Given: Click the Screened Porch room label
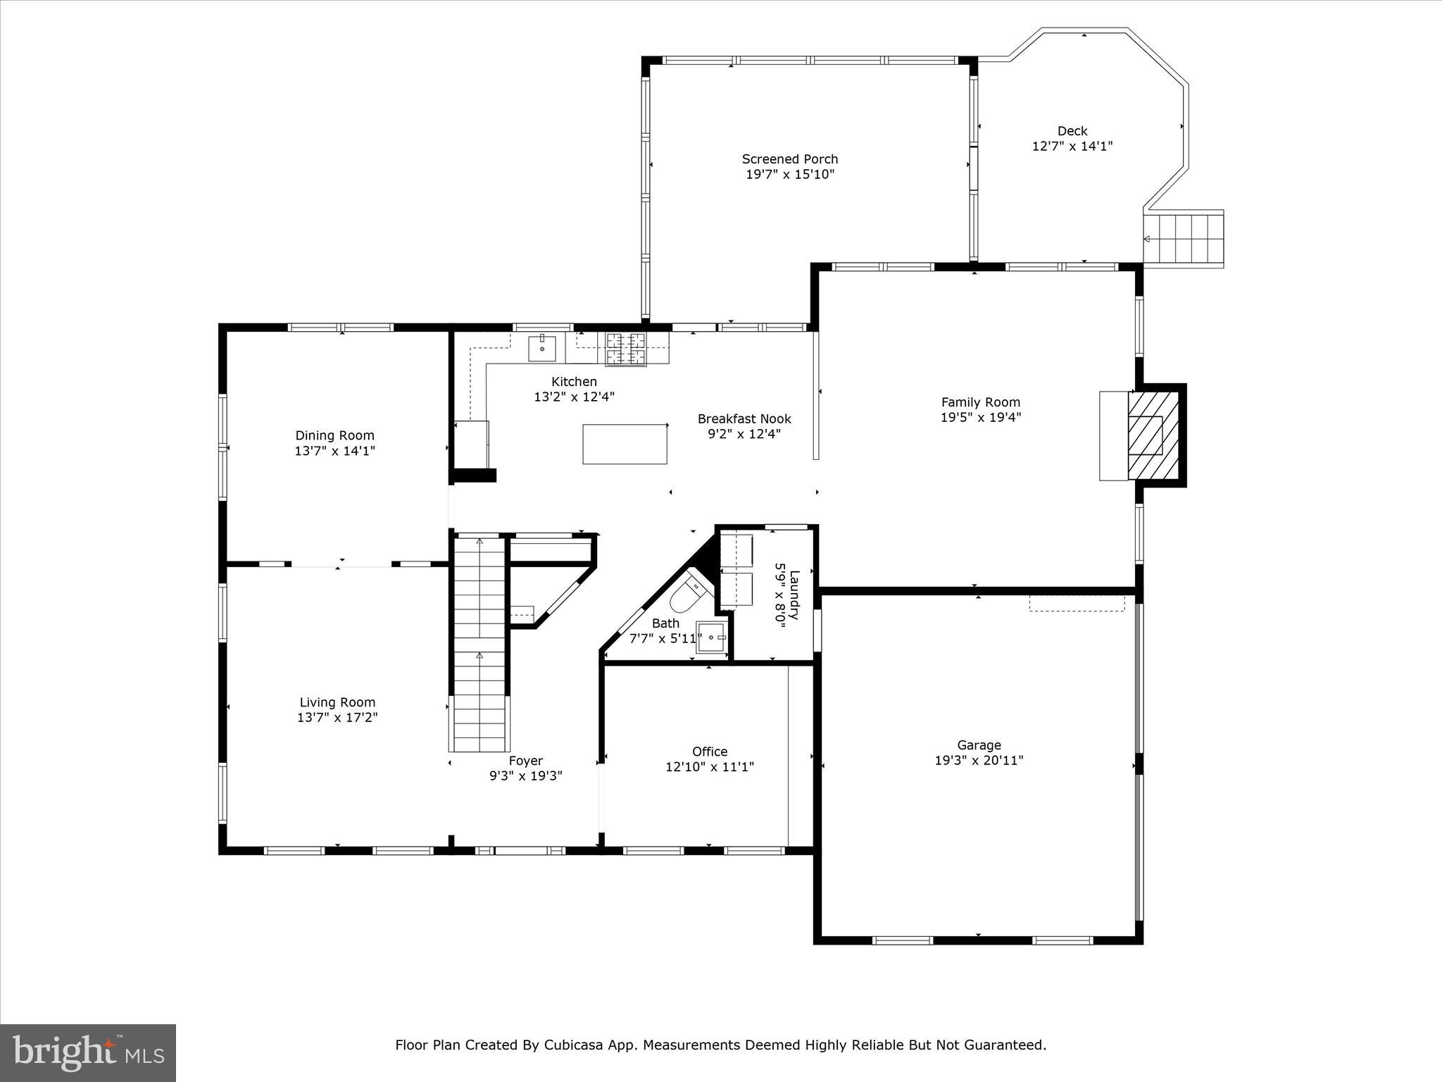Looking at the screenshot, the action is (x=790, y=159).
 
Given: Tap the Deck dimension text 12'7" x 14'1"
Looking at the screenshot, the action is (x=1072, y=147).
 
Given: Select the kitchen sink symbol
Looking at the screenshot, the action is (x=542, y=349).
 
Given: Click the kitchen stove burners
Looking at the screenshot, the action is (x=625, y=349).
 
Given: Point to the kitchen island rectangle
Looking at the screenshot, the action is (x=625, y=444).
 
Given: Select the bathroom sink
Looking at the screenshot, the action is (x=712, y=638).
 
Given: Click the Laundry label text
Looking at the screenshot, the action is (x=794, y=595).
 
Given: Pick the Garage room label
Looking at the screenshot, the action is (x=979, y=745).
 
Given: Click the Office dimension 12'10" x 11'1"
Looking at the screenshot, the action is (x=710, y=766).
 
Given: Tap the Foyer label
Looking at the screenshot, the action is (x=526, y=761).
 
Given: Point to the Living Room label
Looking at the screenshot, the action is (x=337, y=702).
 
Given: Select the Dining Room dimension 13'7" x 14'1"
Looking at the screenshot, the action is (x=335, y=451).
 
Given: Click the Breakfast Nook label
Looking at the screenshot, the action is (x=744, y=419).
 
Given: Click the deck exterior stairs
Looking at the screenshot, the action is (x=1183, y=239).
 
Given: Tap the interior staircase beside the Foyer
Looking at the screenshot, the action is (x=479, y=644).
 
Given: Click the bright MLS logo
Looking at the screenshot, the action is (x=88, y=1052).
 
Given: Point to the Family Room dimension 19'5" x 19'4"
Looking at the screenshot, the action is (x=981, y=417).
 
